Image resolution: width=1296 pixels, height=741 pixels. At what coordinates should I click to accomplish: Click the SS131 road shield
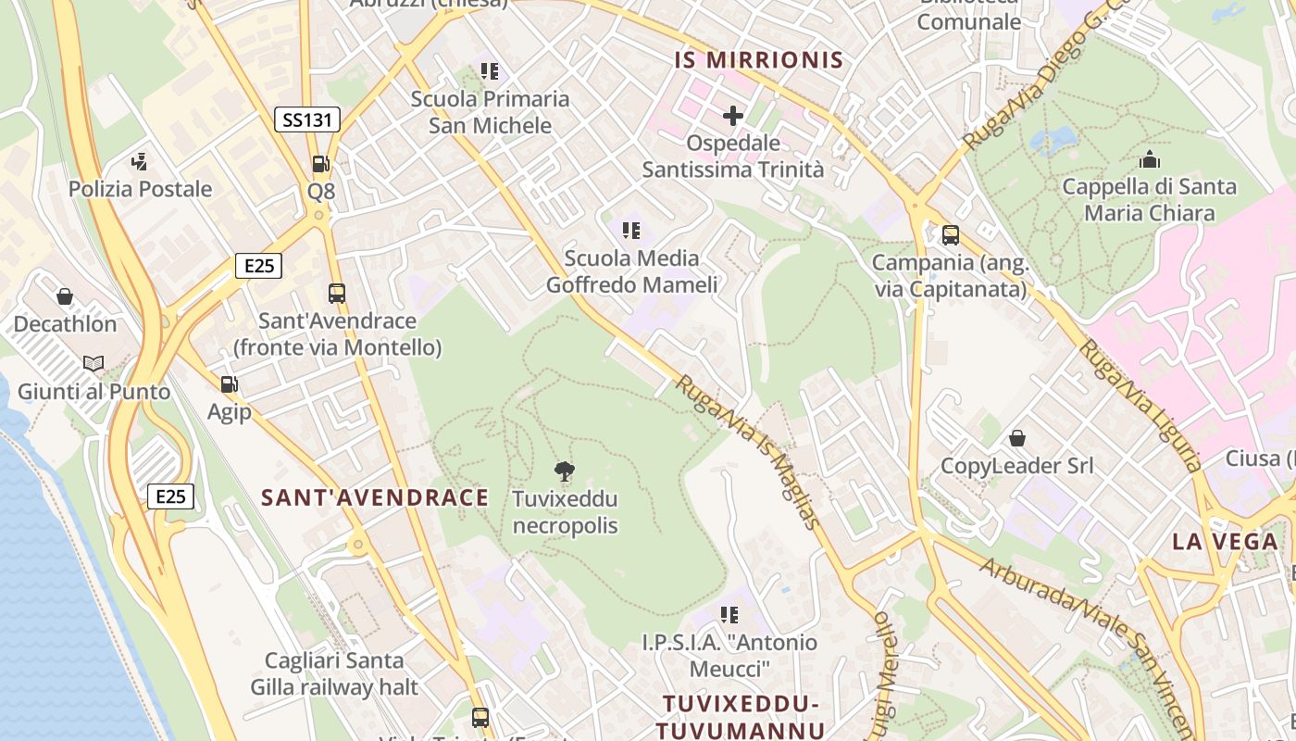(x=307, y=119)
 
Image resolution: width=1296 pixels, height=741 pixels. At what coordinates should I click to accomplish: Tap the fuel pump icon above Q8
(x=320, y=164)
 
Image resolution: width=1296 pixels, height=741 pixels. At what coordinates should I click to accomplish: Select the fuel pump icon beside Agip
(x=229, y=383)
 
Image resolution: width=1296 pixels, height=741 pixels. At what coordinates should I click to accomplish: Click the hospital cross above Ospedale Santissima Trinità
(x=733, y=116)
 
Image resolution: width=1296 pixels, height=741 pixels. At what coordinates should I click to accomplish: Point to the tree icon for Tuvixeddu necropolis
(x=564, y=471)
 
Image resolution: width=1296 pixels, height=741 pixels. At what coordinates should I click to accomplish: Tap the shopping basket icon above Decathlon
(x=65, y=296)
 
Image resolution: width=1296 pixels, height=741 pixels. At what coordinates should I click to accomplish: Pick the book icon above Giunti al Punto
(x=93, y=363)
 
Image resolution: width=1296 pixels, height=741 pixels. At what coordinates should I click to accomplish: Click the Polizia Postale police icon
(x=140, y=162)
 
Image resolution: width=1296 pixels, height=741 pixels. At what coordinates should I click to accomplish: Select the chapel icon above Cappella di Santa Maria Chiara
(x=1150, y=159)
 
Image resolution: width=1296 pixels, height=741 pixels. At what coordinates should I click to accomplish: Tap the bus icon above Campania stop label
(x=951, y=235)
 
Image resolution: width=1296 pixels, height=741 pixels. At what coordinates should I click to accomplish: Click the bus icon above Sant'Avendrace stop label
(x=337, y=294)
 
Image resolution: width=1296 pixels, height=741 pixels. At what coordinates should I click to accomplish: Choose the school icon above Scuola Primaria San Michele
(x=490, y=71)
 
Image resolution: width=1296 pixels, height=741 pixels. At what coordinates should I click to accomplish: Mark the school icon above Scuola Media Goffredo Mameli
(x=631, y=231)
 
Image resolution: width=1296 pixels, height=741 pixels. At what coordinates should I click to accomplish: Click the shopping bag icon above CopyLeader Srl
(x=1017, y=437)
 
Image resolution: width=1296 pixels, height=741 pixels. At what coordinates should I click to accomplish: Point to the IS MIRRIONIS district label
(x=759, y=61)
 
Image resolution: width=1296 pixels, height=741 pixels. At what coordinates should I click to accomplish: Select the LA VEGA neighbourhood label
(x=1225, y=542)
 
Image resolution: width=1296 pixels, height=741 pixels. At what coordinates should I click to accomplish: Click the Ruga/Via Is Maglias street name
(x=748, y=451)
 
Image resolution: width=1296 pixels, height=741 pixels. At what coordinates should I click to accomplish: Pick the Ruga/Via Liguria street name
(x=1141, y=406)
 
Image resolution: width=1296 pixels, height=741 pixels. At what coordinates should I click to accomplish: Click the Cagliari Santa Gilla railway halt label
(x=334, y=674)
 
